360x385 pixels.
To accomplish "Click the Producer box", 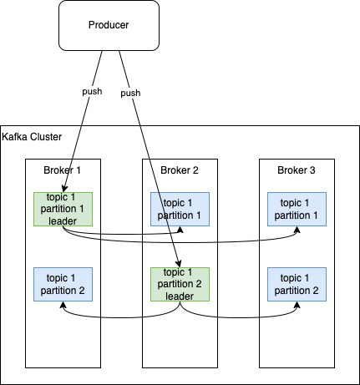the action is (x=109, y=25).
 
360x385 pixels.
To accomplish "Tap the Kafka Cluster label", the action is (x=32, y=137).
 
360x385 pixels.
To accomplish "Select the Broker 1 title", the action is (x=62, y=170).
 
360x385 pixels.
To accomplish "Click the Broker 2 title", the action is (x=180, y=170).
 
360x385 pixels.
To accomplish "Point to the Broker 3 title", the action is (x=297, y=170).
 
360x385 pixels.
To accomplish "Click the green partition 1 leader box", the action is (x=63, y=209).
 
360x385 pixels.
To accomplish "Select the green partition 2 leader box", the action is (x=180, y=284).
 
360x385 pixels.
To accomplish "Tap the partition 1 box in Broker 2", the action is (x=180, y=209).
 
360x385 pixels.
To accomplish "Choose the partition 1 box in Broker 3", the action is (x=297, y=209).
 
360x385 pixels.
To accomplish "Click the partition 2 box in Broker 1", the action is (x=63, y=284).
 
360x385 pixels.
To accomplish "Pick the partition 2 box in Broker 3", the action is (x=297, y=284).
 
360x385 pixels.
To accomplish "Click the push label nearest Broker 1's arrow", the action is (x=92, y=91).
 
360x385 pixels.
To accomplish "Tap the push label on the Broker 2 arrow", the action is (x=130, y=93).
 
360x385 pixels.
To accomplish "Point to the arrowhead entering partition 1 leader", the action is (x=64, y=189).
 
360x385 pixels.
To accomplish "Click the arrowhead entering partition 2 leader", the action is (x=179, y=264).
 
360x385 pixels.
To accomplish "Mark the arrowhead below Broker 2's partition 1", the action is (x=180, y=230).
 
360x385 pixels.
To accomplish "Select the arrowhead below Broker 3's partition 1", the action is (x=297, y=230).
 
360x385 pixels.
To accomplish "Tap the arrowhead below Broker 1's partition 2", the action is (x=63, y=305).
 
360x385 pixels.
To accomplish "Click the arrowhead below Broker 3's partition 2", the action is (x=297, y=305).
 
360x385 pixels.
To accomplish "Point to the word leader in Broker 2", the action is (x=180, y=296).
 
